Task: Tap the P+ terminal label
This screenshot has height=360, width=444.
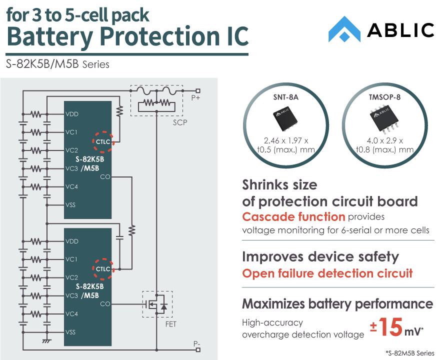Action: coord(195,98)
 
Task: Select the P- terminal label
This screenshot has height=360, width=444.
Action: coord(196,344)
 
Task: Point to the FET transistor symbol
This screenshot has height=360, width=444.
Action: coord(157,303)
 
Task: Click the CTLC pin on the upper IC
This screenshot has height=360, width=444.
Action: coord(103,141)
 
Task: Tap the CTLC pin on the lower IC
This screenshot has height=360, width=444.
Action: coord(103,269)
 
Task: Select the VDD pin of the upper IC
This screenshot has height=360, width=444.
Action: coord(72,114)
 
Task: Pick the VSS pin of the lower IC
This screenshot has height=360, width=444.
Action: coord(71,331)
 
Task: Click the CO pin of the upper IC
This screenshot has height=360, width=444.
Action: coord(105,176)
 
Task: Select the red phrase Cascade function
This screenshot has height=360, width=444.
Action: coord(293,217)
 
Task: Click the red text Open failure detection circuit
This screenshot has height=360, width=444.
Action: coord(327,273)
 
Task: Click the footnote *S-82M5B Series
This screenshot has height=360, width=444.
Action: coord(409,352)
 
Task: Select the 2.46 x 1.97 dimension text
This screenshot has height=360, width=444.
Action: coord(285,140)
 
